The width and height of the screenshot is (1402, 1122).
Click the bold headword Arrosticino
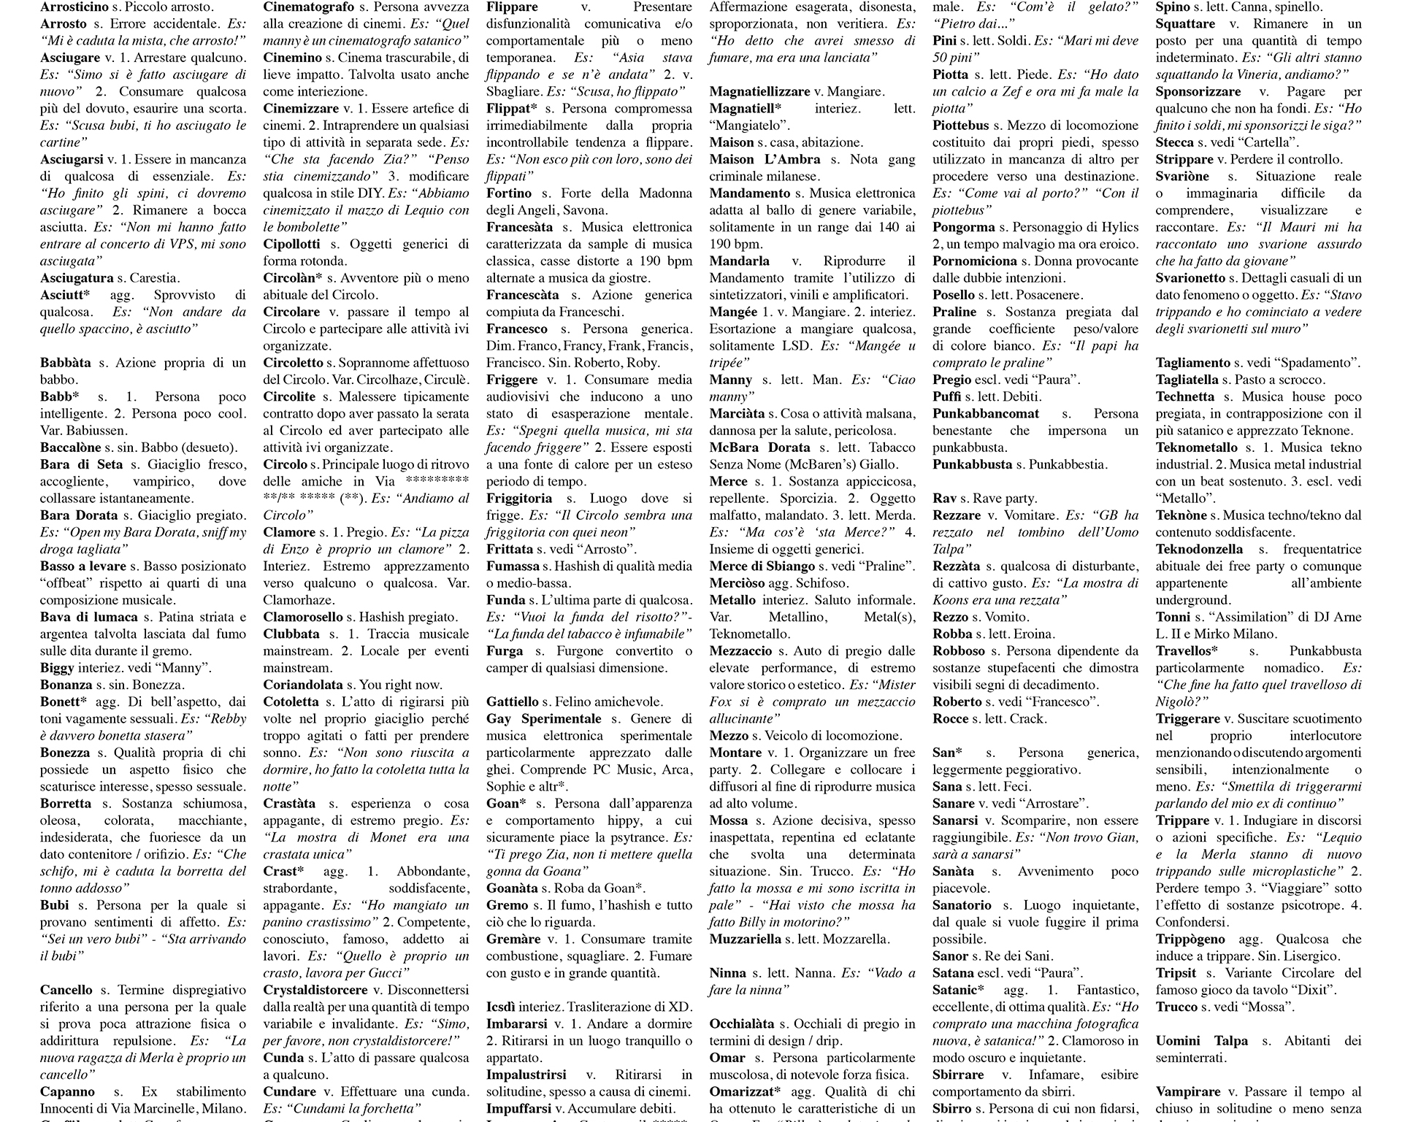coord(79,7)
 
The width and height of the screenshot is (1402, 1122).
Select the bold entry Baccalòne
coord(71,447)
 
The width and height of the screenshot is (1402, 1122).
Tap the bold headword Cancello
coord(66,990)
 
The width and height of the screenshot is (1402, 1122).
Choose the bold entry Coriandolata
coord(303,685)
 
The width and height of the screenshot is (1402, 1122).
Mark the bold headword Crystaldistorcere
coord(315,990)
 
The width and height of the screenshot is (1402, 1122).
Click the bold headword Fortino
coord(509,193)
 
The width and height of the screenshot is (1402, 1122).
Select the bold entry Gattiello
coord(513,702)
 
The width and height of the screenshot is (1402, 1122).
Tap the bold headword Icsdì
coord(501,1007)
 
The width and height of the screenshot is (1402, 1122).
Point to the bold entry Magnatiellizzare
coord(760,92)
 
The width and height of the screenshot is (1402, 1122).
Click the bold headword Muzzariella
coord(746,939)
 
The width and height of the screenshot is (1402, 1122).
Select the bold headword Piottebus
coord(961,126)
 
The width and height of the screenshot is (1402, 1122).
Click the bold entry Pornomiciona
coord(975,261)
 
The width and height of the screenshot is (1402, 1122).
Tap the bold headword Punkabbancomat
coord(986,414)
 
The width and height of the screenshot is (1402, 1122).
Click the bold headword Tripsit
coord(1176,973)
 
